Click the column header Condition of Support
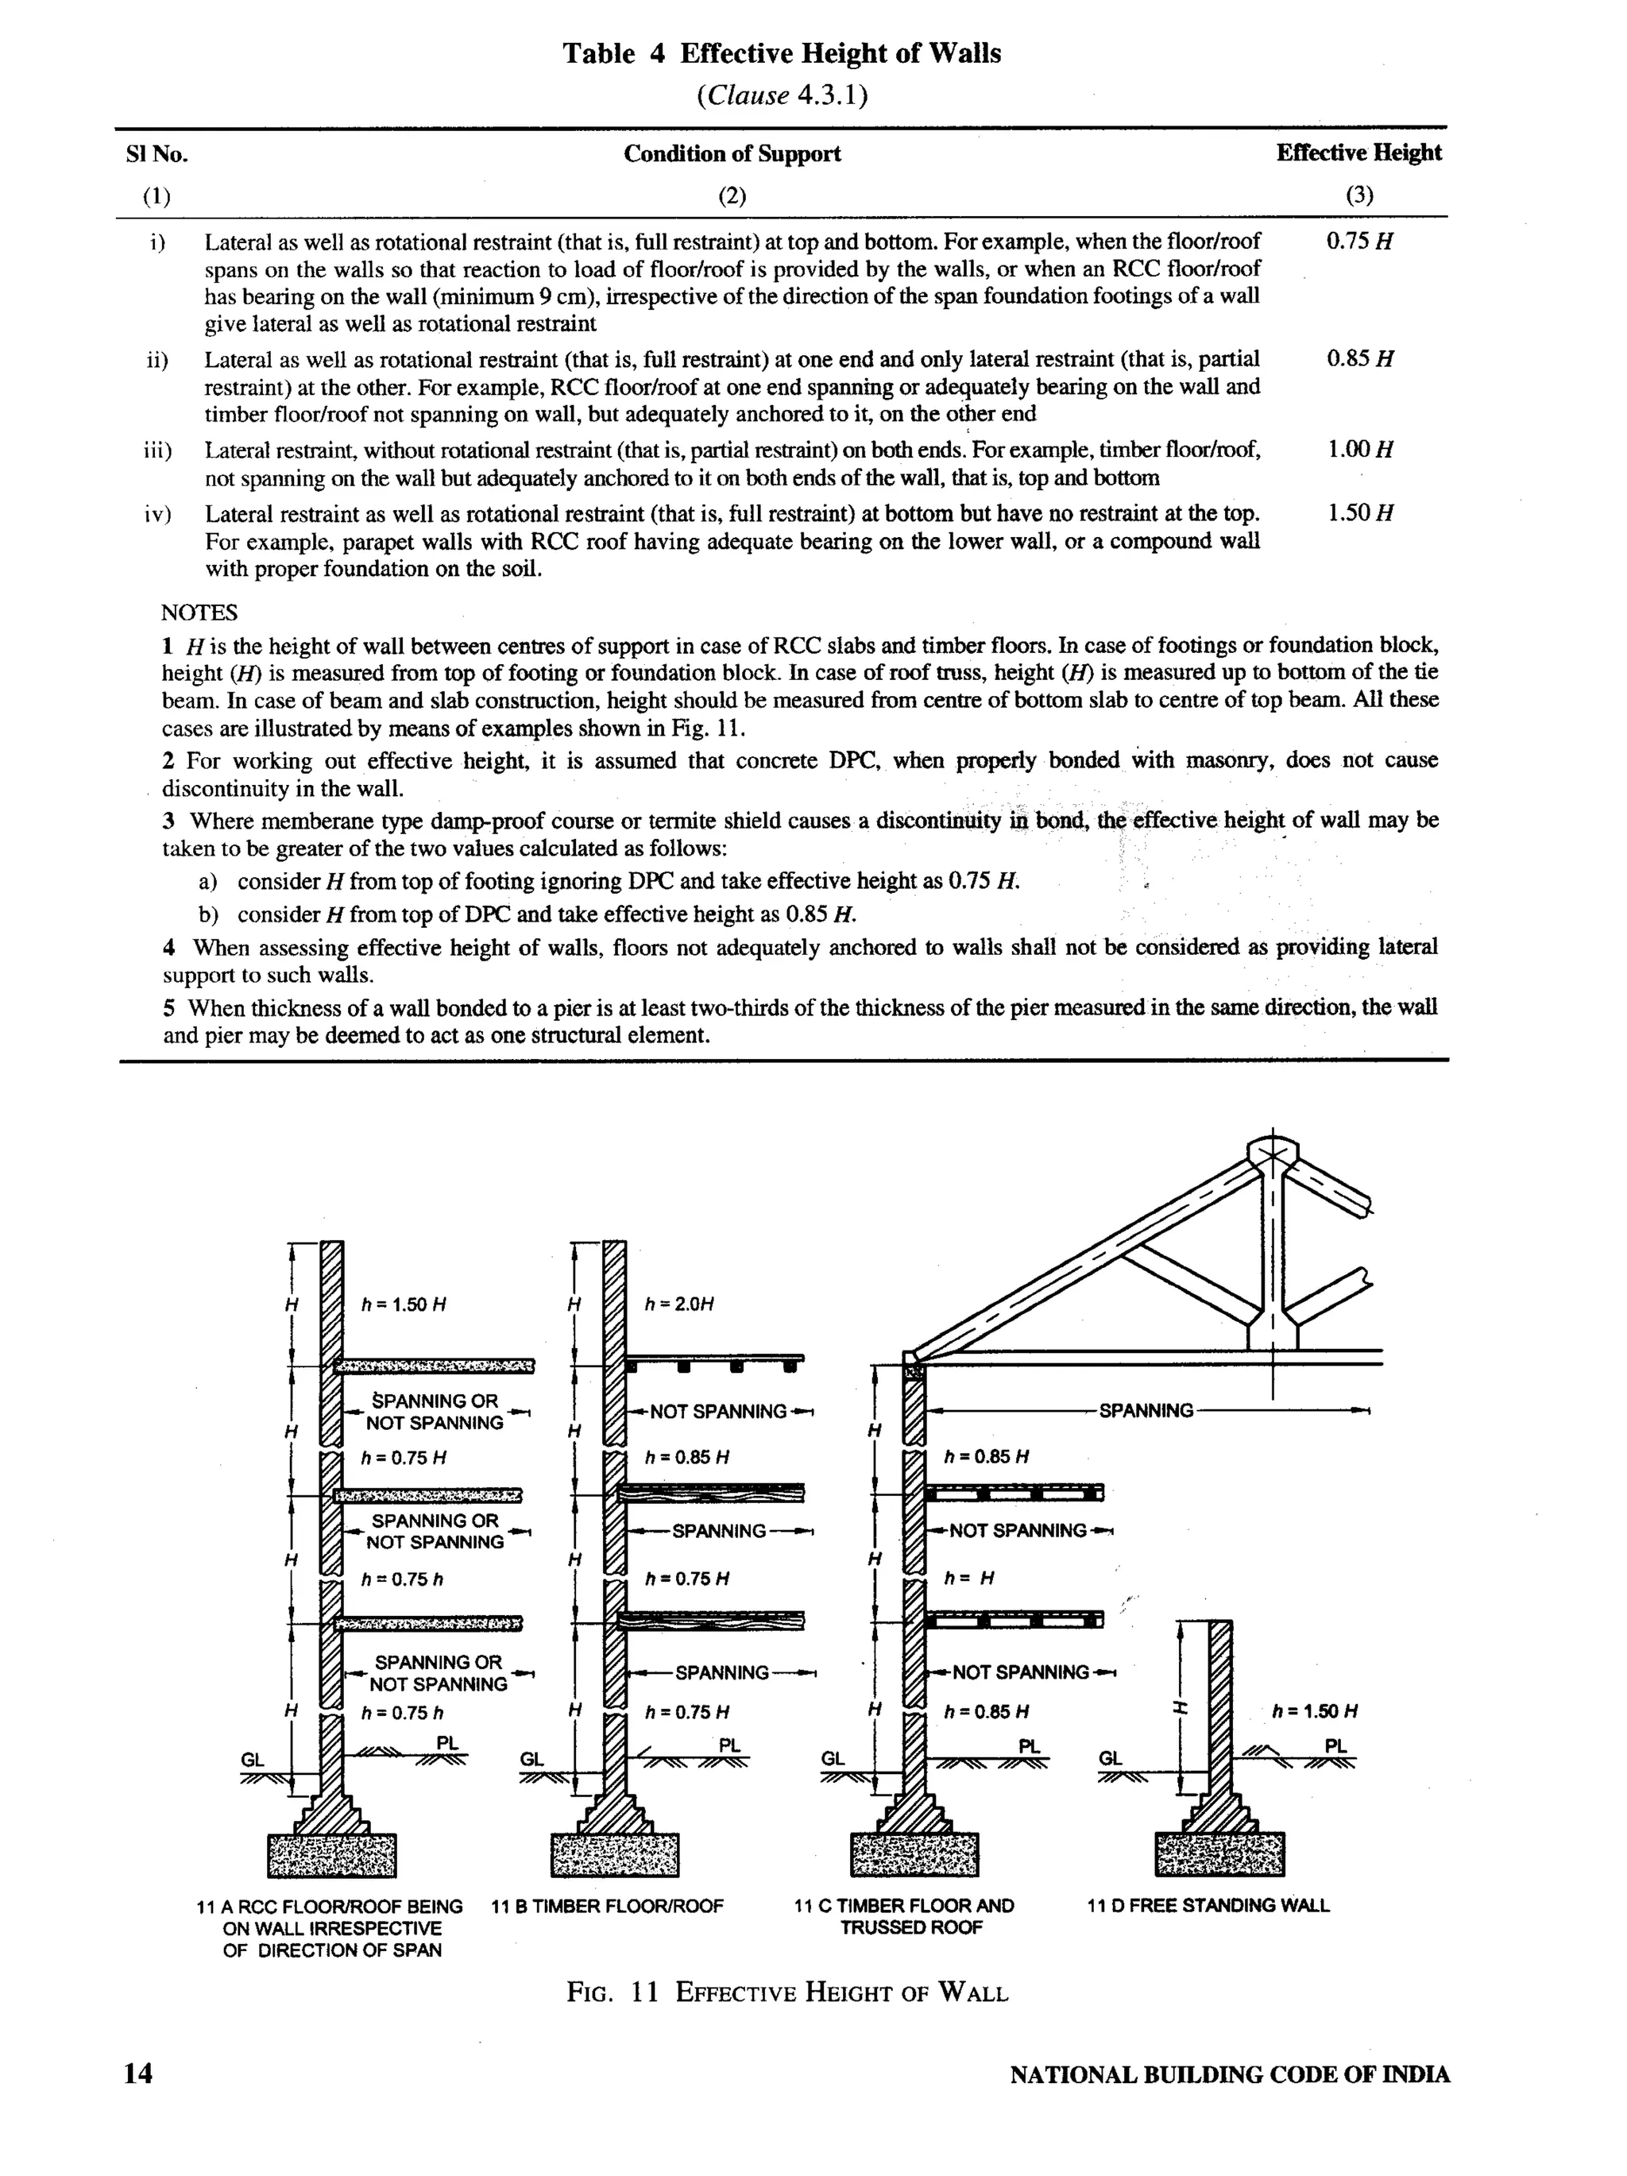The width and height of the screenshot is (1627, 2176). click(x=732, y=153)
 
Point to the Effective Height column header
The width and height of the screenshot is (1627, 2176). click(x=1358, y=153)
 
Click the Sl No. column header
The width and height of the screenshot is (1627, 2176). click(x=157, y=154)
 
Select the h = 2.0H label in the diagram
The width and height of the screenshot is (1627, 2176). click(x=678, y=1304)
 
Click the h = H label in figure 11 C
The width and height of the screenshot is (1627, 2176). click(x=969, y=1579)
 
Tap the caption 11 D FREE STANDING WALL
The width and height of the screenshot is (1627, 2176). click(x=1208, y=1905)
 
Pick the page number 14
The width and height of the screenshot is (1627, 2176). click(x=139, y=2074)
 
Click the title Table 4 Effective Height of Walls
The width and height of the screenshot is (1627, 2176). click(x=781, y=53)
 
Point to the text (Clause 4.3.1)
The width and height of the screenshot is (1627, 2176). click(x=781, y=96)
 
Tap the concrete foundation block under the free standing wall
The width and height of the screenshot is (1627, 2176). click(x=1219, y=1854)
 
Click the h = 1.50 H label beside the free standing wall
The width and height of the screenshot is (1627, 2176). click(x=1314, y=1710)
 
